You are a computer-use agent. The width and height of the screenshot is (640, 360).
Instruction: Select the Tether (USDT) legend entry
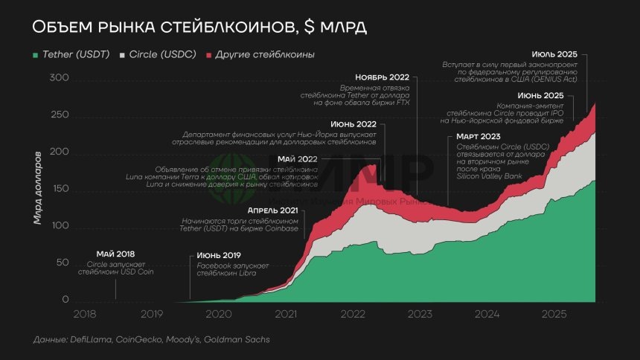pyautogui.click(x=75, y=55)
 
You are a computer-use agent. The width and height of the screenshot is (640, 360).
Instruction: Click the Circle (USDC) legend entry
pyautogui.click(x=161, y=55)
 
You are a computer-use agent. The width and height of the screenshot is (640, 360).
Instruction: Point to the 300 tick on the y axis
pyautogui.click(x=59, y=79)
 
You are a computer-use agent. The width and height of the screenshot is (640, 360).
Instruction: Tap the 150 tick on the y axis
pyautogui.click(x=59, y=189)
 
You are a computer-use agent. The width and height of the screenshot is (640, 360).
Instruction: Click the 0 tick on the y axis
pyautogui.click(x=65, y=300)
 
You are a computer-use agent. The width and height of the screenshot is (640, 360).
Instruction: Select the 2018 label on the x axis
pyautogui.click(x=84, y=314)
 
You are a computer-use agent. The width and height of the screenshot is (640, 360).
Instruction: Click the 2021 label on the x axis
pyautogui.click(x=286, y=314)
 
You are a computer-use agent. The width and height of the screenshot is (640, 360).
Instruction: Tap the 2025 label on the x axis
pyautogui.click(x=554, y=314)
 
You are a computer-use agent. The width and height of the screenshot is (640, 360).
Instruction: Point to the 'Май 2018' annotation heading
pyautogui.click(x=115, y=254)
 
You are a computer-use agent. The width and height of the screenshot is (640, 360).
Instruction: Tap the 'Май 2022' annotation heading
pyautogui.click(x=297, y=159)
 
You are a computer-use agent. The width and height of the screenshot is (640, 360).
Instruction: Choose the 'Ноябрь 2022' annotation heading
pyautogui.click(x=382, y=77)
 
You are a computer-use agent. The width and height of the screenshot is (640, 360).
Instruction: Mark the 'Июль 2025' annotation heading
pyautogui.click(x=554, y=54)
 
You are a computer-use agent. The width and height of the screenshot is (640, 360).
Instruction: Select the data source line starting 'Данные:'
pyautogui.click(x=151, y=340)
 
